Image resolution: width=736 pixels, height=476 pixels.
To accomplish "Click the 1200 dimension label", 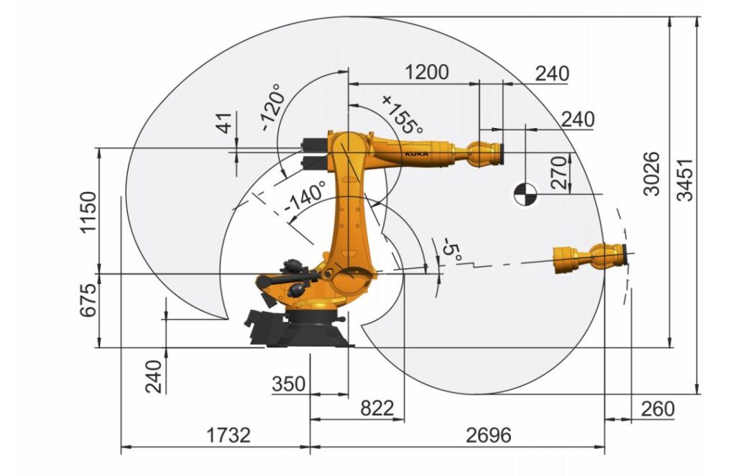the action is pos(426,73).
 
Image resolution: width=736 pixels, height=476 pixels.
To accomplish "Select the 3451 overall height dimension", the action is pos(686,180).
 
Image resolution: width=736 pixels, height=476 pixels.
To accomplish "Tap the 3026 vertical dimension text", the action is pos(652,174).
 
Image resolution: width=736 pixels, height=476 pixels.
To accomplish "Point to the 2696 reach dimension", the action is pos(488,435).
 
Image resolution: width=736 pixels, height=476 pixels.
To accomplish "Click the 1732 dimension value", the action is pos(229,435).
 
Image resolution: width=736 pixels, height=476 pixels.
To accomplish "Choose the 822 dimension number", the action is pos(377,408).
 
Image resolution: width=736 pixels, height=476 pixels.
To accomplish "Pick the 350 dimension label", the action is pos(289,383).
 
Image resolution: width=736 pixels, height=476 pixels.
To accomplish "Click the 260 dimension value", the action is pos(658,409).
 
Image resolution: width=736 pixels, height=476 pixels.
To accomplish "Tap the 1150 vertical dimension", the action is pos(88,211).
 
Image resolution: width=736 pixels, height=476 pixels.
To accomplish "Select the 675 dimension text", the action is pos(88,301).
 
